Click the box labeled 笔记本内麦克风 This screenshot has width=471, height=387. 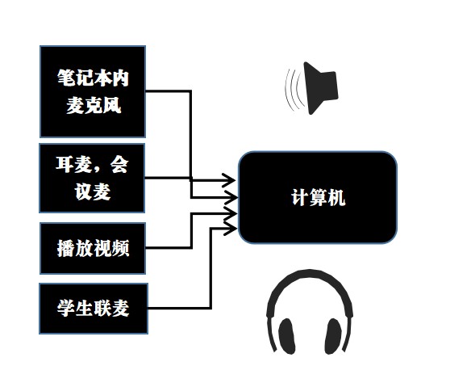point(93,90)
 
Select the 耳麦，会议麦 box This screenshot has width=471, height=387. point(93,178)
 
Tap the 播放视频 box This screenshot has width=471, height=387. point(93,248)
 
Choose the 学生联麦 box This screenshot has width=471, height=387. point(93,308)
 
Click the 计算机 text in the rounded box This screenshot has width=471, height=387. point(318,197)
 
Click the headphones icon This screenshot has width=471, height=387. point(310,315)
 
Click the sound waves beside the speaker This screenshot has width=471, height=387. point(294,90)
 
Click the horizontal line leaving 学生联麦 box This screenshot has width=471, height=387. point(177,308)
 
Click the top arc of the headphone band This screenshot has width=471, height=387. point(310,280)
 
